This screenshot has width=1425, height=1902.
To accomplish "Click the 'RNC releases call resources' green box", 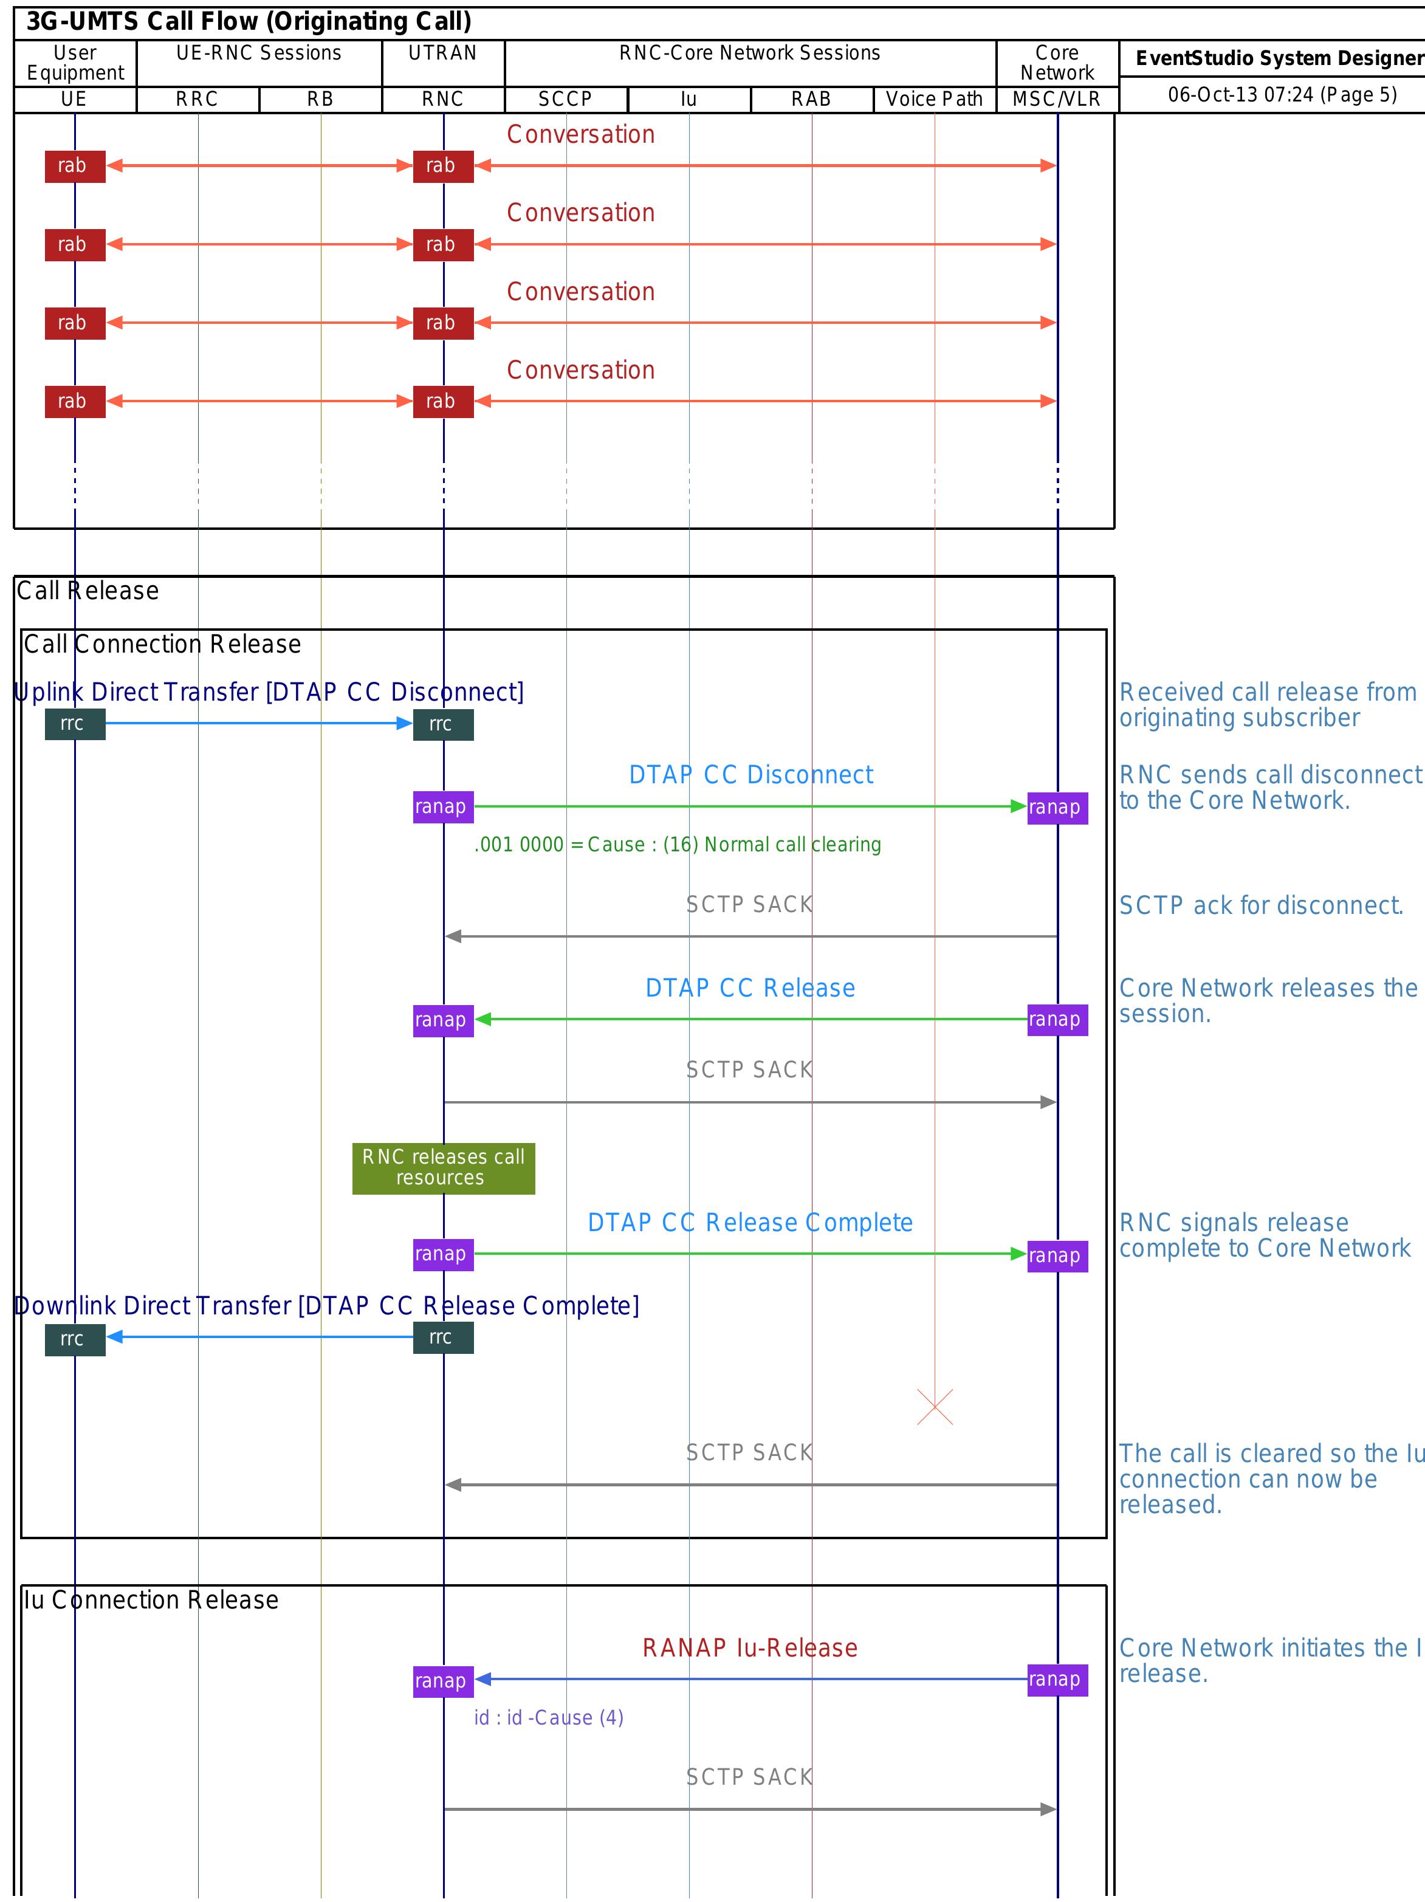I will (443, 1168).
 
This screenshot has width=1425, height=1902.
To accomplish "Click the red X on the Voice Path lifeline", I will (935, 1407).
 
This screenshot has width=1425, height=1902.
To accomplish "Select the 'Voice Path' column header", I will (934, 100).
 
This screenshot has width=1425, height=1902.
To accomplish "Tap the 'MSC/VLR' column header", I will (1057, 100).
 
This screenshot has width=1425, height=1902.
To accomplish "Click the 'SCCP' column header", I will (565, 100).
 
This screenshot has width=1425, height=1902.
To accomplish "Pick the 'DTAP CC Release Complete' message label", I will (750, 1223).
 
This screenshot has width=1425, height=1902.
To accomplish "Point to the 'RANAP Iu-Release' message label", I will (750, 1647).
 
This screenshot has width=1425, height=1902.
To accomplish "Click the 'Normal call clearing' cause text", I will (678, 845).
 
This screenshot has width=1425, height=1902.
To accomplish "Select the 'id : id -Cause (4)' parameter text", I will (549, 1718).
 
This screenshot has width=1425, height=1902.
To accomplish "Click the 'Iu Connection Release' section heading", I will (151, 1600).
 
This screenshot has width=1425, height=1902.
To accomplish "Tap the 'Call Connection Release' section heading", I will (162, 644).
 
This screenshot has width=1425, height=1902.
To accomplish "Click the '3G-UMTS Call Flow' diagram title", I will (249, 21).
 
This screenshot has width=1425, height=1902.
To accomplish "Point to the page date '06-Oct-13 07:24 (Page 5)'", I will (1282, 95).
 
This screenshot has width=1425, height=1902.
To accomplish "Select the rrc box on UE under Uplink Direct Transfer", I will (75, 724).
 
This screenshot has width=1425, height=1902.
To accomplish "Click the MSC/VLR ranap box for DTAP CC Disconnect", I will (1057, 808).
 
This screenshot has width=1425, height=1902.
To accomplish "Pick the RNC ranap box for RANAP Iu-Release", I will (443, 1680).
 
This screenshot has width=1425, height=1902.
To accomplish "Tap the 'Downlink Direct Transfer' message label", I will (327, 1305).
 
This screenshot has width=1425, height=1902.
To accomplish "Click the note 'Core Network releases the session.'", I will (1268, 1001).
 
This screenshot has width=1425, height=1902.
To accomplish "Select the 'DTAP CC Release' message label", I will (750, 988).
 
